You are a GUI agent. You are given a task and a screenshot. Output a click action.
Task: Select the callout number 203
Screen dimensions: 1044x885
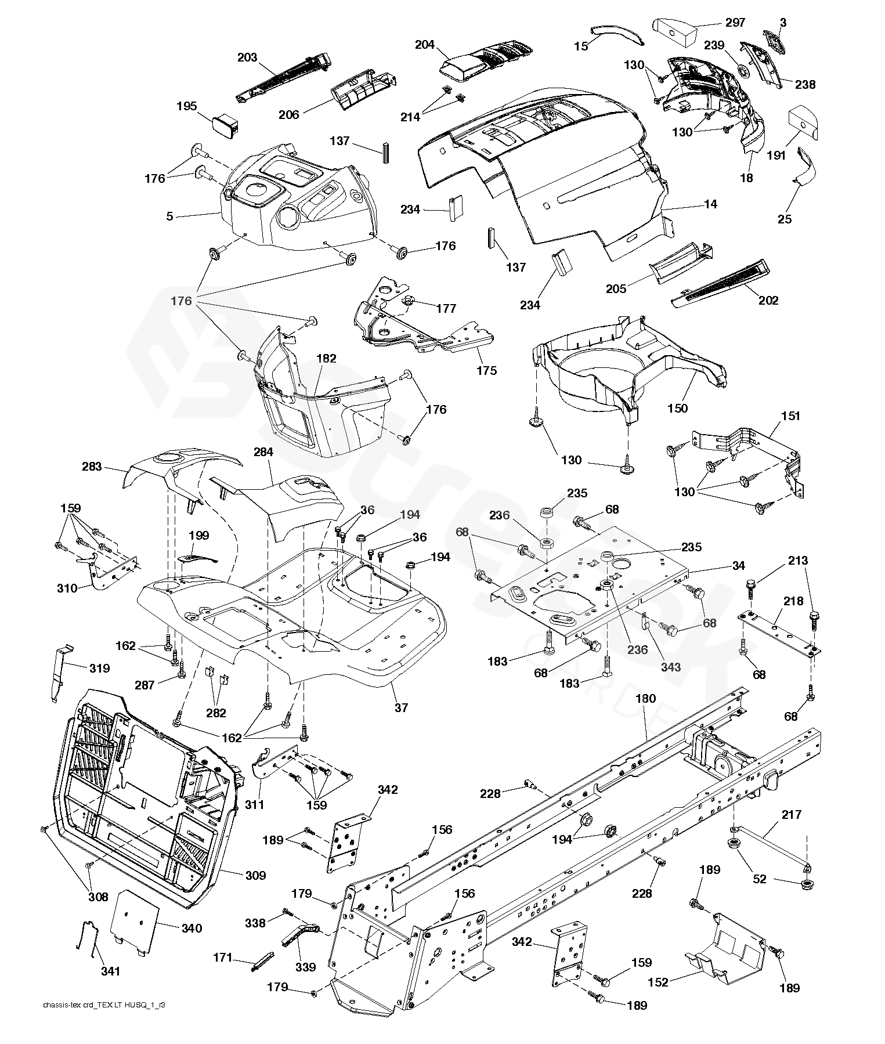pos(247,57)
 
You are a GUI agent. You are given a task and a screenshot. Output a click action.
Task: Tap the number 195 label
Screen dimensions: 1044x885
pos(187,106)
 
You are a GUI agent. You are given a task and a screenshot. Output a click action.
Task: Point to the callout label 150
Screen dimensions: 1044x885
pos(677,409)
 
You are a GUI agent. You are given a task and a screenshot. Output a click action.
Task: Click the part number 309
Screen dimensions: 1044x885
pos(255,875)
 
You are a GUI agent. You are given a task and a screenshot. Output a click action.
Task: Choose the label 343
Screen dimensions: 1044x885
pos(670,667)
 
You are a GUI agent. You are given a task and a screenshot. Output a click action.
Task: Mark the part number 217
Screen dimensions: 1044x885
pos(792,815)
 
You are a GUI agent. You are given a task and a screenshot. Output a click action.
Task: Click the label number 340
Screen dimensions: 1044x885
pos(192,929)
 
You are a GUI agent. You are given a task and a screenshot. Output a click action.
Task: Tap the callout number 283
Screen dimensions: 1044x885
pos(92,466)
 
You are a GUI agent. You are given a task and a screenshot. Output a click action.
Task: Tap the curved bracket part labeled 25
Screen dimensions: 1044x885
pos(806,165)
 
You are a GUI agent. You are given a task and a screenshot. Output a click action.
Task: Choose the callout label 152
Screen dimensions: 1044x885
pos(658,982)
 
